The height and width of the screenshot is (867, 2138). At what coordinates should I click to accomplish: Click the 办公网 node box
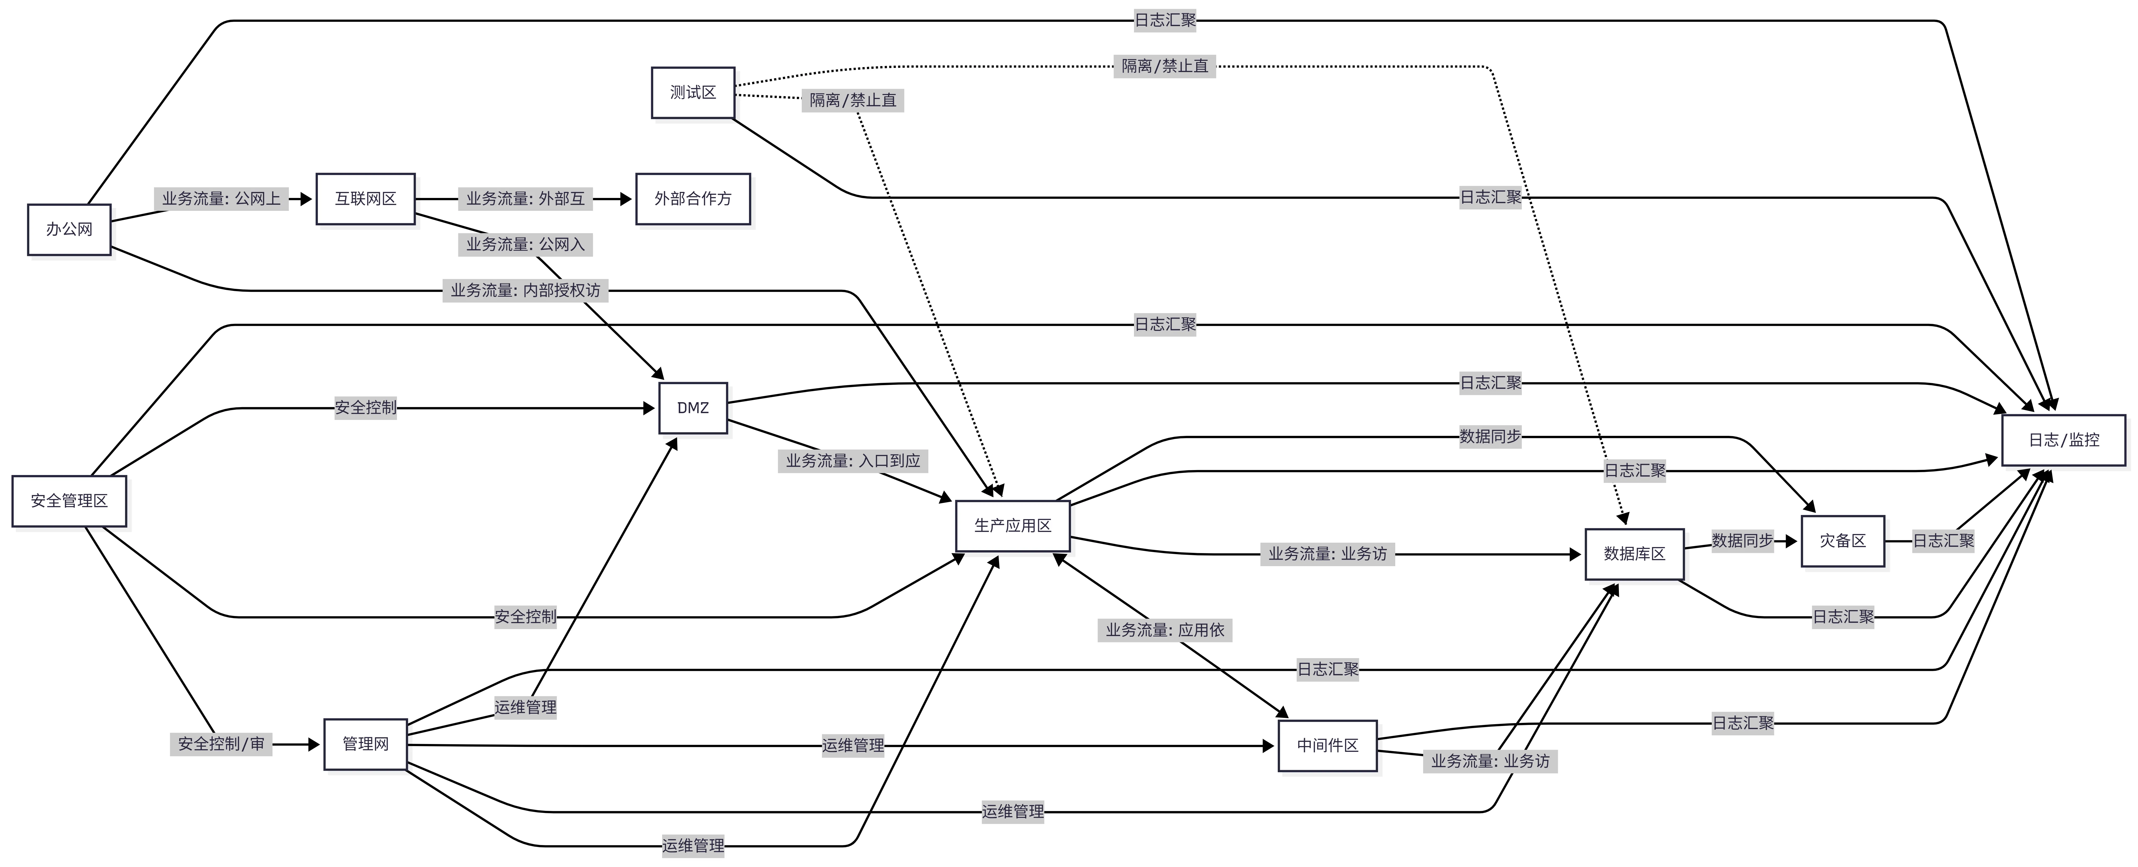tap(69, 229)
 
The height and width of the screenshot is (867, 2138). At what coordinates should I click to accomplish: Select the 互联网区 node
tap(365, 198)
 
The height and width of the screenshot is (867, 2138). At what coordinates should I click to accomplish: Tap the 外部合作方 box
tap(693, 198)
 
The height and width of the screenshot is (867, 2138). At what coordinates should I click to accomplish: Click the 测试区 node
tap(693, 92)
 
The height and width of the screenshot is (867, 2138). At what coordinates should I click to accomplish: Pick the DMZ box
tap(693, 408)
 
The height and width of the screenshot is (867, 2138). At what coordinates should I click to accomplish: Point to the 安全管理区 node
tap(69, 501)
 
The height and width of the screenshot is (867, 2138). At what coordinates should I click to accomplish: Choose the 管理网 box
tap(365, 744)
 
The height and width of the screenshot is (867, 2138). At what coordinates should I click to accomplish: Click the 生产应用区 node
tap(1013, 526)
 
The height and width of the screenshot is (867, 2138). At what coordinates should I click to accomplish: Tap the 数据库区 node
tap(1634, 554)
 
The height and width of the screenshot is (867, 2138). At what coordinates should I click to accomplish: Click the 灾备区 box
tap(1843, 541)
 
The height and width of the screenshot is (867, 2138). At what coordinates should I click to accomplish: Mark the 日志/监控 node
tap(2063, 440)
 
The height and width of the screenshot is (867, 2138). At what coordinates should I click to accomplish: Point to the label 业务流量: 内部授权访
tap(525, 291)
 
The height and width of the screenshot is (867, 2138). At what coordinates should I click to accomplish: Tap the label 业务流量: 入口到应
tap(853, 461)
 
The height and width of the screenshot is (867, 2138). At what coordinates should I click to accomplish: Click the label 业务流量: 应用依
tap(1165, 630)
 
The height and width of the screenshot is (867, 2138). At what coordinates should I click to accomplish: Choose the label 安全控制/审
tap(221, 744)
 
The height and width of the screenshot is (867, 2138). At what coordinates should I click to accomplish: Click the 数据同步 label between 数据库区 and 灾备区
tap(1742, 541)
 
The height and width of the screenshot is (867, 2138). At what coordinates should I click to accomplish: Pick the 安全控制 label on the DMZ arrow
tap(365, 408)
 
